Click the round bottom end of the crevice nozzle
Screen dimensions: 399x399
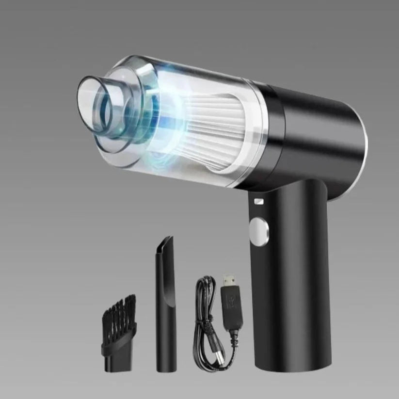point(164,369)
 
